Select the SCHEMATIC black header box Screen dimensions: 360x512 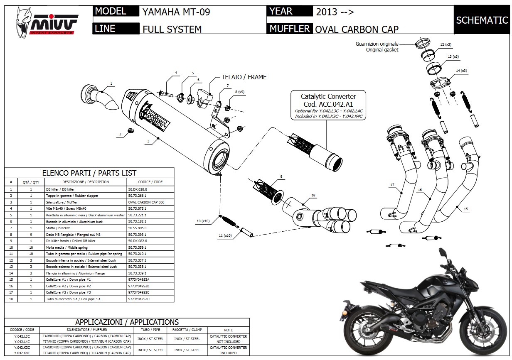(482, 20)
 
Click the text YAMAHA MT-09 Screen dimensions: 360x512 (176, 12)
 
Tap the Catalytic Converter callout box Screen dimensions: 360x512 (328, 105)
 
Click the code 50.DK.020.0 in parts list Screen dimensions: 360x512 (138, 189)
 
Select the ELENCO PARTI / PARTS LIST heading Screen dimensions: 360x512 (89, 173)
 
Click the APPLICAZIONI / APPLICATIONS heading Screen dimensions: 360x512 (127, 322)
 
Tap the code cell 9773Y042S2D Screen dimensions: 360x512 (138, 299)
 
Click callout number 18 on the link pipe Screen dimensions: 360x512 (313, 195)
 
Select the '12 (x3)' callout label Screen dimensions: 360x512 (446, 44)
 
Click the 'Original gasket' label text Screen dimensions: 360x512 (382, 50)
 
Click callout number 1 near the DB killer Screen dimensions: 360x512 (111, 84)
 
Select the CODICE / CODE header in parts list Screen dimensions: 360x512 (150, 182)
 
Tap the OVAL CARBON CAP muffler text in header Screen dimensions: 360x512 (357, 29)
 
